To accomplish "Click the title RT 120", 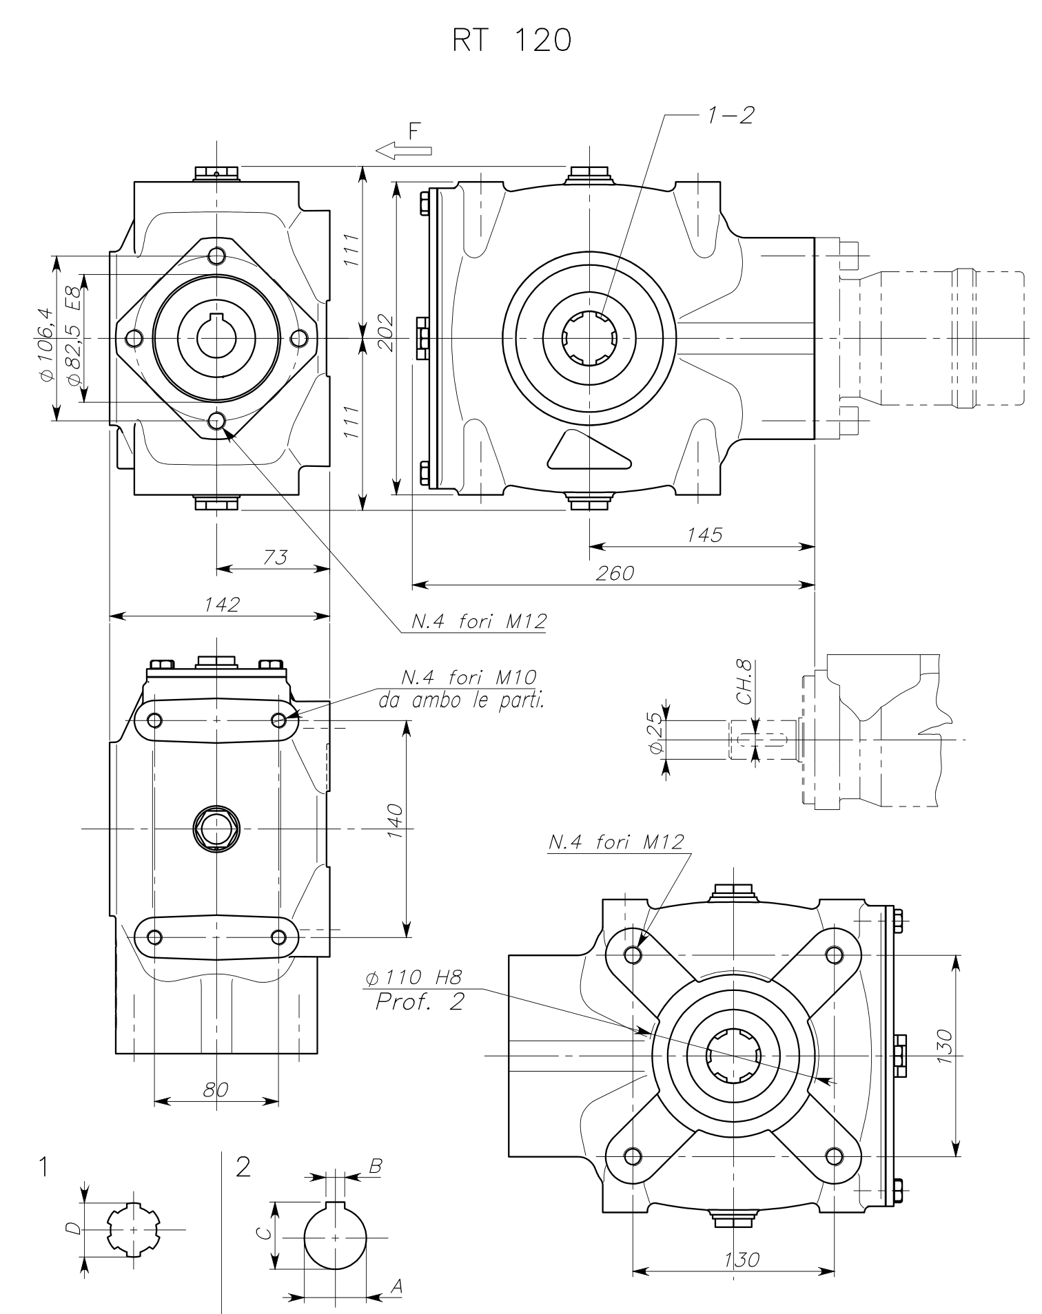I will [x=511, y=42].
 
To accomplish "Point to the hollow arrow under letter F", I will [x=404, y=150].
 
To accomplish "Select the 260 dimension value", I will [x=614, y=573].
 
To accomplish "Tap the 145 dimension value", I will [x=704, y=534].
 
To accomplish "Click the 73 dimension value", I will [x=275, y=557].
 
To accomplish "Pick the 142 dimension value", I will [x=222, y=605].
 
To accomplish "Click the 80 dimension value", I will [x=216, y=1089].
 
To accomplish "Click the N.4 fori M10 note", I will [x=469, y=678].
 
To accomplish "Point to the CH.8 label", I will [x=744, y=685].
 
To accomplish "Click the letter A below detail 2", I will [x=396, y=1284].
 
